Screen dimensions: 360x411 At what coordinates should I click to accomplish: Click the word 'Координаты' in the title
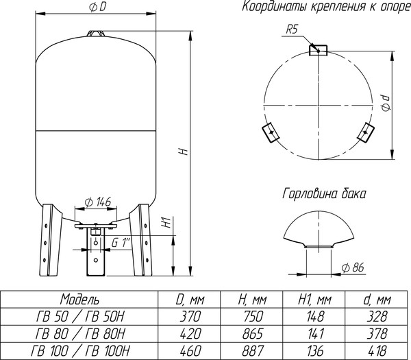(269, 8)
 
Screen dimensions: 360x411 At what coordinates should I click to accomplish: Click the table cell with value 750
(251, 315)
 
